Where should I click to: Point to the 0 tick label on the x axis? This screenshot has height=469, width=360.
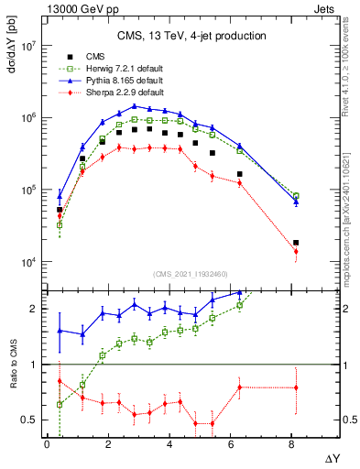[x=47, y=444]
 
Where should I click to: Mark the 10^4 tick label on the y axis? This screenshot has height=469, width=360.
[x=28, y=262]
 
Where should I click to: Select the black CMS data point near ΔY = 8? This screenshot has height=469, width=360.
[x=296, y=243]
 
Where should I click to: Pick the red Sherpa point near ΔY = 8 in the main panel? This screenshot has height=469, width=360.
[x=296, y=251]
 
